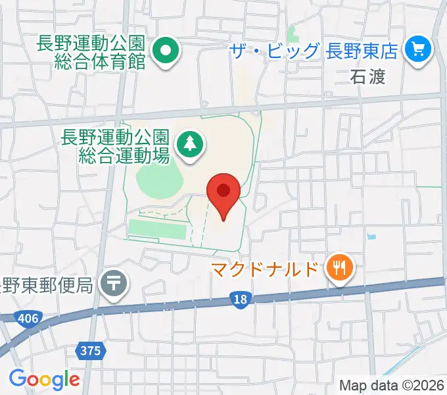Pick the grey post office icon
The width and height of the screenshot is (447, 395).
coord(114,284)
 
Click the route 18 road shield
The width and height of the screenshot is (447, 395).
coord(241,300)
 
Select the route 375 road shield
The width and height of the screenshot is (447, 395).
coord(91,350)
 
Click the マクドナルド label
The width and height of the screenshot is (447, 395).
coord(268,269)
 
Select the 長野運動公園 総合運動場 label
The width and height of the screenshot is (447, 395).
coord(115,146)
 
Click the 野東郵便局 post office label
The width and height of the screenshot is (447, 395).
coord(46,285)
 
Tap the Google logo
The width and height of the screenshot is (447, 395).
coord(44,379)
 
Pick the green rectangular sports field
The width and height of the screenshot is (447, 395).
coord(158,228)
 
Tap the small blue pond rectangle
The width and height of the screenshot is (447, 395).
coord(373,235)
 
